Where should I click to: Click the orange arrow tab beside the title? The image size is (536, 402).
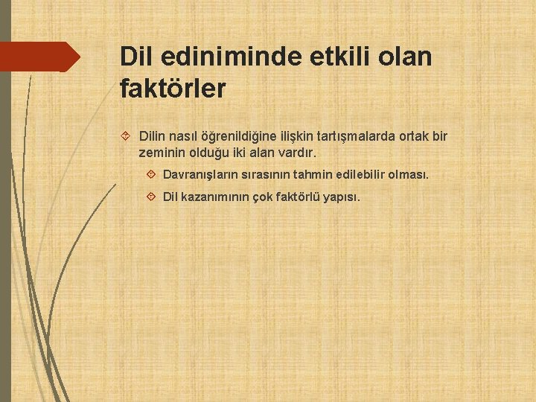click(x=40, y=57)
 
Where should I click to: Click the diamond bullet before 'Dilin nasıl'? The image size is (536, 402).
click(x=125, y=137)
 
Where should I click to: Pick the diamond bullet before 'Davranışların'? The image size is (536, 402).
click(x=151, y=175)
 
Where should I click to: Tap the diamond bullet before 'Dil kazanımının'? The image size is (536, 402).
click(x=151, y=197)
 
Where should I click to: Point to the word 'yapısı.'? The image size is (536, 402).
click(x=342, y=197)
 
